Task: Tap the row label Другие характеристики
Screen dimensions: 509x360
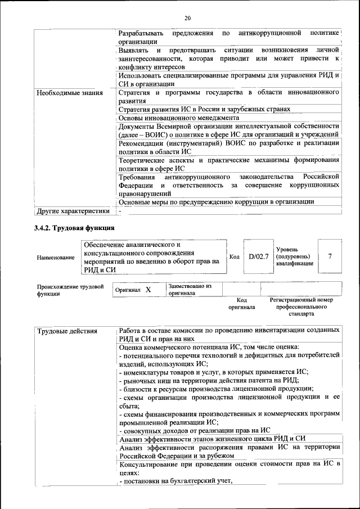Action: click(x=73, y=211)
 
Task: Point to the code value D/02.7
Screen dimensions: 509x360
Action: click(x=259, y=256)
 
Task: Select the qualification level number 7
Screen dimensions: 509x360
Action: click(x=330, y=256)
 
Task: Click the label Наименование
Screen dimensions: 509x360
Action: click(x=55, y=257)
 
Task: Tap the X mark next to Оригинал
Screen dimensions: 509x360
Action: click(x=148, y=290)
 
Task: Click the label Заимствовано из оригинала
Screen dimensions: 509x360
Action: click(x=189, y=290)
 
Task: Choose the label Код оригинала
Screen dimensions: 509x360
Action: click(x=241, y=304)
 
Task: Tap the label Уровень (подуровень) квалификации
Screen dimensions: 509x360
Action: click(x=294, y=256)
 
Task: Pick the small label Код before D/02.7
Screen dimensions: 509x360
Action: click(x=235, y=256)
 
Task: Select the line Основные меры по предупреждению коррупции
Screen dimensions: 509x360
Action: click(x=217, y=201)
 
